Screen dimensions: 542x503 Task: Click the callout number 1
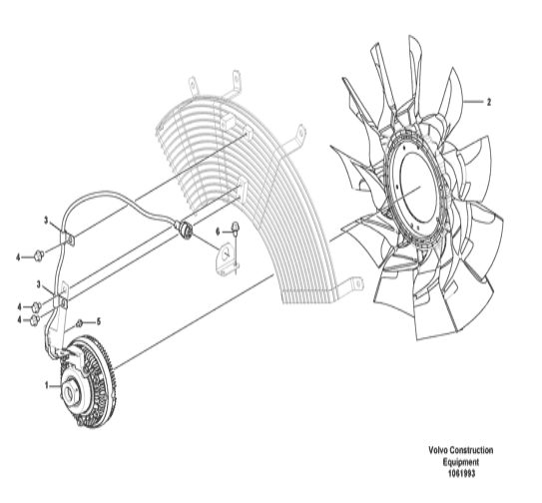[47, 385]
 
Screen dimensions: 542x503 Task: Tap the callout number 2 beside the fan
[488, 103]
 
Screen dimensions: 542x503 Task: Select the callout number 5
[99, 322]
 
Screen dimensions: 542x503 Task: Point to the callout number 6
[218, 232]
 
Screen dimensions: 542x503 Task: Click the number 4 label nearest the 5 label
[19, 320]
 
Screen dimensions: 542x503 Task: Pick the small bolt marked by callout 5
[79, 323]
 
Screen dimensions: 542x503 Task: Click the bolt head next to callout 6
[236, 226]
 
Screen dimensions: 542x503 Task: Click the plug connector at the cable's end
[185, 230]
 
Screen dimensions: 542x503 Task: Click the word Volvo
[437, 450]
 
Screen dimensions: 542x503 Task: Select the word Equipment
[461, 462]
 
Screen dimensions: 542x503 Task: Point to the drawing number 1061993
[461, 473]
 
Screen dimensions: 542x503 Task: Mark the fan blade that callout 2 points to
[450, 96]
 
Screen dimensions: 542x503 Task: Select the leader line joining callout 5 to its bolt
[89, 322]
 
